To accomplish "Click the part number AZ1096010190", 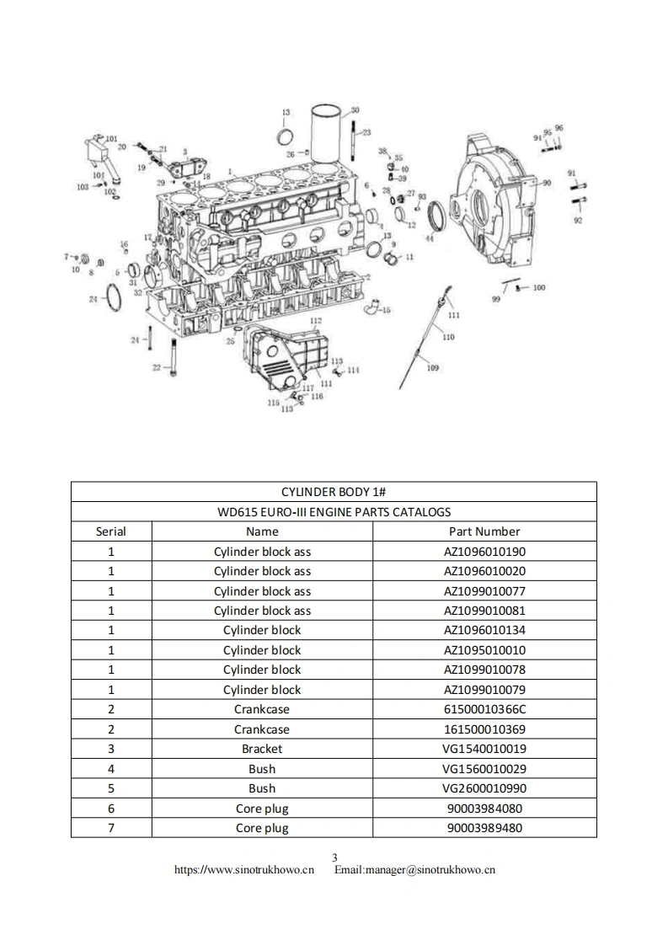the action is coord(484,552).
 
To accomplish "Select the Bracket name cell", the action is coord(262,749).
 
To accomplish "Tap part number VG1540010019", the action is coord(484,749).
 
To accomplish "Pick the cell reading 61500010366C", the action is coord(484,709).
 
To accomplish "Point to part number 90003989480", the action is coord(484,828).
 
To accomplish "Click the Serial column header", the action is coord(110,531).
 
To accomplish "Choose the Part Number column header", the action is coord(484,531).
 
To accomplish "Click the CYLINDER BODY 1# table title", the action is coord(333,492).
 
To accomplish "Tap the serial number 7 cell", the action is coord(110,828).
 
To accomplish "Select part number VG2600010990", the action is coord(484,788).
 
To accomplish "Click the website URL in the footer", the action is coord(244,870).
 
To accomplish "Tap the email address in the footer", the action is coord(414,870).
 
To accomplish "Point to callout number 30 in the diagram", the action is coord(355,110).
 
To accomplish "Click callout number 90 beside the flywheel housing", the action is coord(547,183).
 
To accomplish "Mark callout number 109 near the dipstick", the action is coord(432,367).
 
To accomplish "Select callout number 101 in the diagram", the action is coord(111,139).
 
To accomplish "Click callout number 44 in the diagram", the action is coord(430,239).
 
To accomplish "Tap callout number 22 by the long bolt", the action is coord(156,367).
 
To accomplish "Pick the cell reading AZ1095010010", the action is coord(484,650).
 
